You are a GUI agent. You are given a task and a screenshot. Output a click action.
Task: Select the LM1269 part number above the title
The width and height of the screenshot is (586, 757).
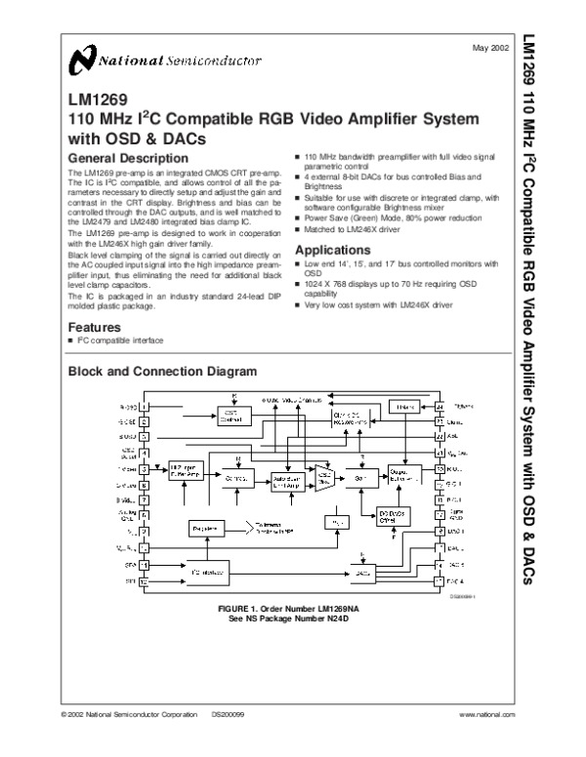(92, 100)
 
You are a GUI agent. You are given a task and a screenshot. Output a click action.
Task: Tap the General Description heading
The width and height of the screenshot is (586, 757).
(127, 158)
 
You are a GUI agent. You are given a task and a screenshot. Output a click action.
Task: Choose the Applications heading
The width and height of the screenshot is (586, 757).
(335, 249)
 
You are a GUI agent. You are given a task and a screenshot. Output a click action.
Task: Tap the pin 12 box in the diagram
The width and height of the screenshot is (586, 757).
(144, 581)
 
